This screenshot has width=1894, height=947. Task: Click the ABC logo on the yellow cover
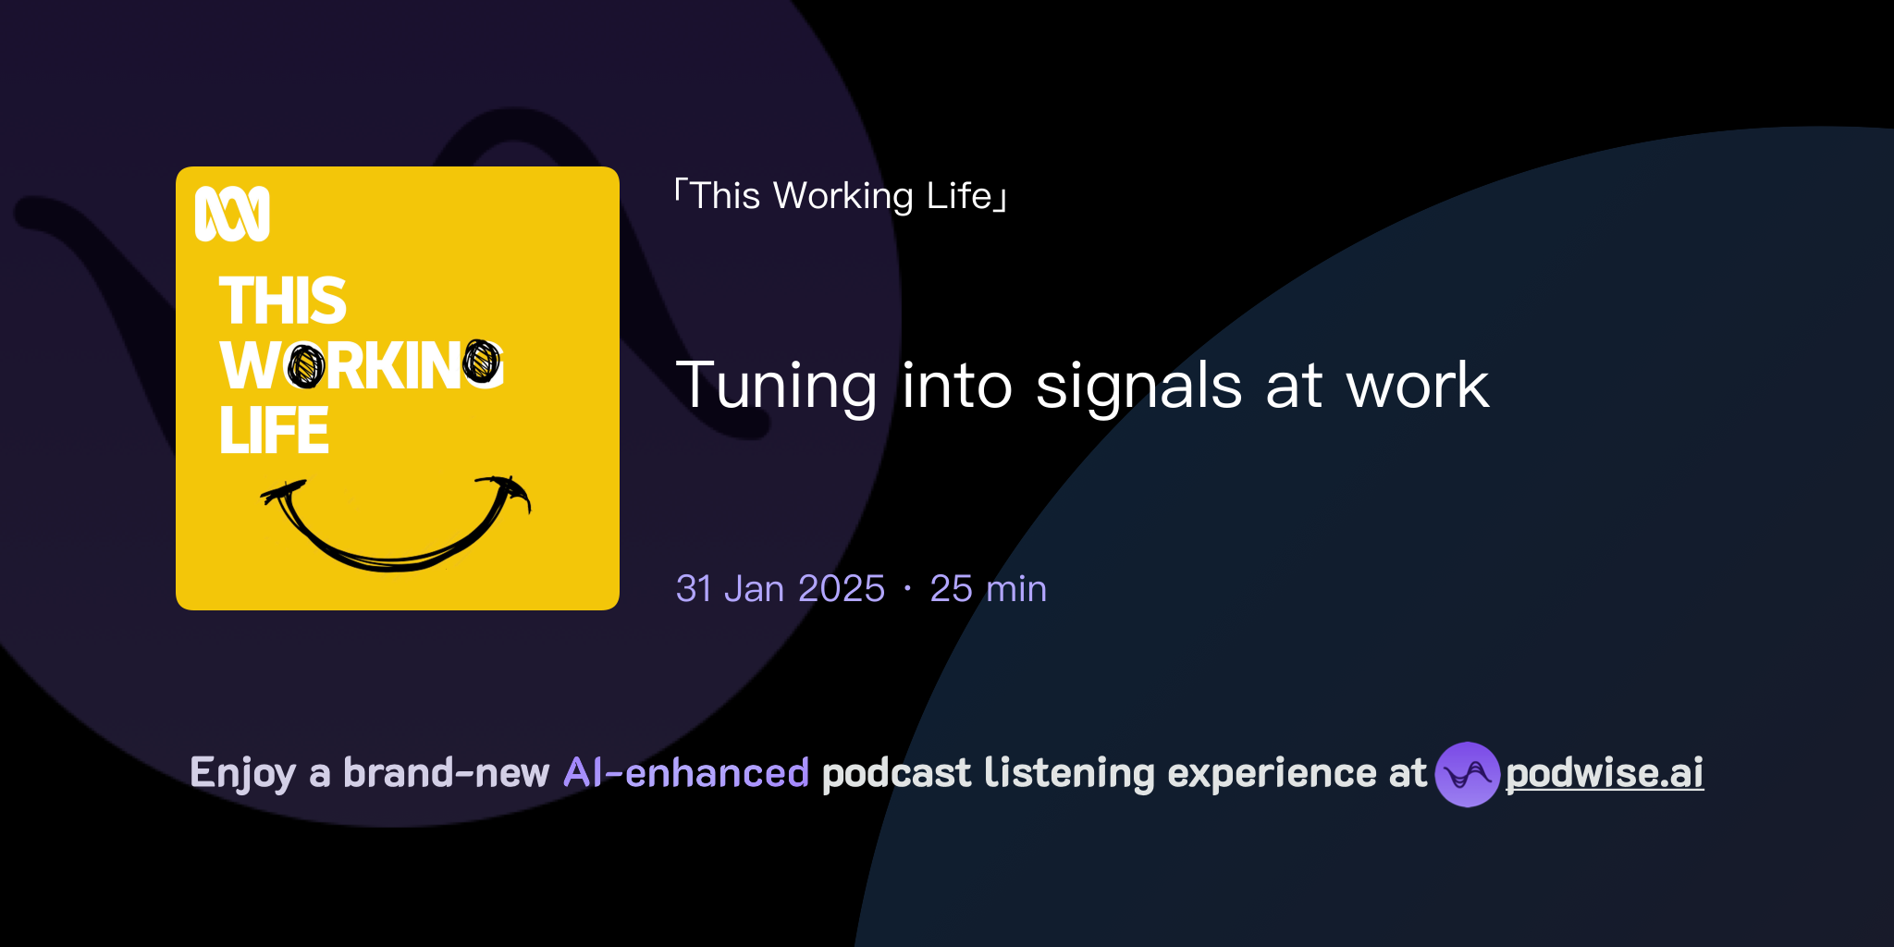(232, 214)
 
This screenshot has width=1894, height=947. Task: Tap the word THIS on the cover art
(283, 301)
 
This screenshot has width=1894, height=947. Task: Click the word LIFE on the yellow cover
(275, 431)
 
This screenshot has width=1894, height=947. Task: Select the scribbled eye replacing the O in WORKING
(306, 366)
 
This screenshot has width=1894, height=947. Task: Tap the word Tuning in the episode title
(777, 386)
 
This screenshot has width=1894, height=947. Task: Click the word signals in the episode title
(1138, 386)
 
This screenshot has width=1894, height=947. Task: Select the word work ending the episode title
(1418, 386)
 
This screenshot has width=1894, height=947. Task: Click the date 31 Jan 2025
(781, 589)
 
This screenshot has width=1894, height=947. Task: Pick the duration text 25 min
(988, 589)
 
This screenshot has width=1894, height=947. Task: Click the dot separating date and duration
(907, 589)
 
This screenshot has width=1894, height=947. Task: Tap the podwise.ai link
(1605, 773)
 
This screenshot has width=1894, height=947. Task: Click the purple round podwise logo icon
(1467, 774)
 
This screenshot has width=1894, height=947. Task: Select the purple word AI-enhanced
(686, 773)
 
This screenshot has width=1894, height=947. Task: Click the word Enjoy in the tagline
(243, 773)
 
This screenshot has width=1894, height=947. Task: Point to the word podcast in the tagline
(896, 773)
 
